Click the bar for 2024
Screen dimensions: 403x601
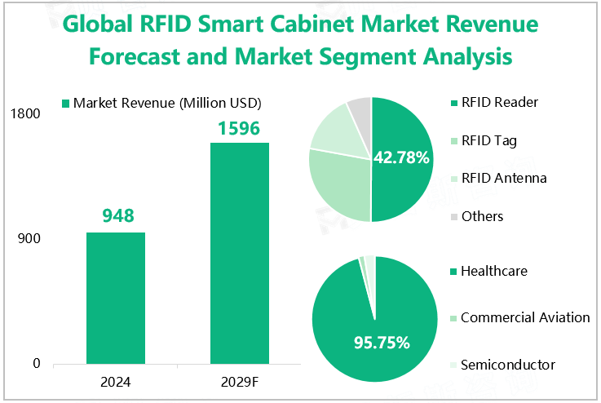tap(116, 298)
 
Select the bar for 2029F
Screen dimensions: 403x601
tap(240, 253)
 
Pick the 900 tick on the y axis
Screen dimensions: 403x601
tap(29, 239)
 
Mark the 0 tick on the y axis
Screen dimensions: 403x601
tap(37, 364)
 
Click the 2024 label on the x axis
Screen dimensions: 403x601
tap(116, 381)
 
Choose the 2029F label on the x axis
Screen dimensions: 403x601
tap(240, 381)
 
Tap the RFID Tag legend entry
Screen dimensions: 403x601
tap(488, 140)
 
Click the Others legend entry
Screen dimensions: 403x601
tap(482, 216)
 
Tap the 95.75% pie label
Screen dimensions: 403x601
tap(380, 343)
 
